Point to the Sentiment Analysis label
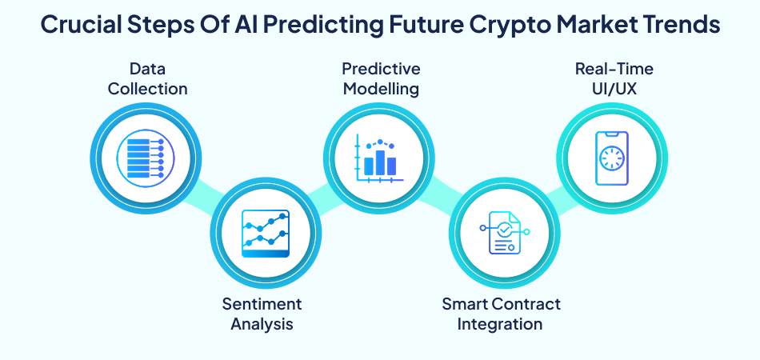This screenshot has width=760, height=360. tap(262, 314)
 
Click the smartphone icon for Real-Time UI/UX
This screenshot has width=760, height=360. tap(612, 158)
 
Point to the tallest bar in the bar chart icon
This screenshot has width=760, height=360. tap(380, 162)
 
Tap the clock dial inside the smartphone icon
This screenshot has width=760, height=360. tap(612, 158)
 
